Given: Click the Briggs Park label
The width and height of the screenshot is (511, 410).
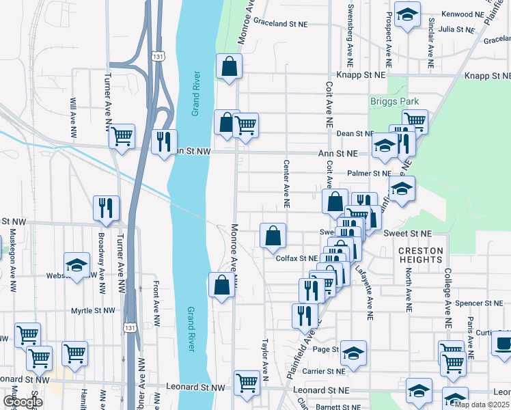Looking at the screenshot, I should click(x=394, y=101).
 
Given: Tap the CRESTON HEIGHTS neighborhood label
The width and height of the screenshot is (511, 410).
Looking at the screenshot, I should click(x=420, y=256).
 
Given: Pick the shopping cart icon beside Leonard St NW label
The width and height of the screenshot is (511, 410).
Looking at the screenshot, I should click(x=247, y=382).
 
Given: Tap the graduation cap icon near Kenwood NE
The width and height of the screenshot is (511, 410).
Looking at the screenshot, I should click(x=408, y=15).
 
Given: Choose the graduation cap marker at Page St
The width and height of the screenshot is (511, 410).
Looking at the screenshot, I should click(x=353, y=353).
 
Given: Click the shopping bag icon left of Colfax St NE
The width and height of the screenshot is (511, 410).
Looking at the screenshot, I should click(x=273, y=236).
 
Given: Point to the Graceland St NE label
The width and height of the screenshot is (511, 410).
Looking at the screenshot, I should click(x=280, y=23).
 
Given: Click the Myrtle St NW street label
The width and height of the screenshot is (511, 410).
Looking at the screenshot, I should click(x=95, y=311).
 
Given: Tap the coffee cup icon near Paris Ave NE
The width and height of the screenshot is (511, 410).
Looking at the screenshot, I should click(x=503, y=344).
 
